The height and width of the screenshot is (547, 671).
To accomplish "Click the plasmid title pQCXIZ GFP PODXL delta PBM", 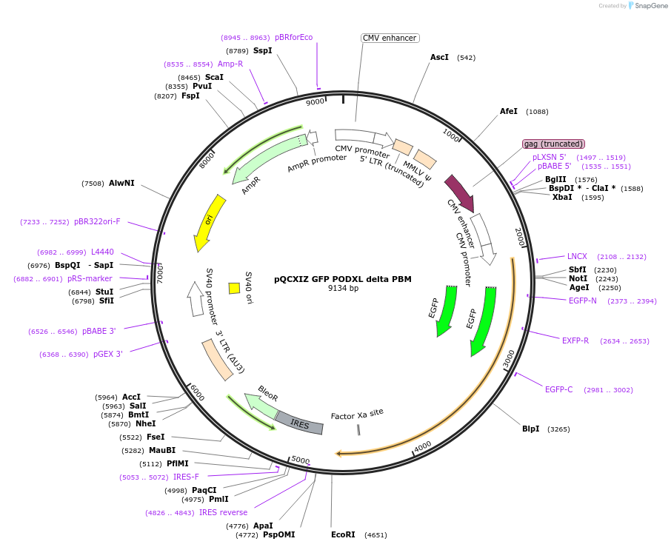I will [x=342, y=279].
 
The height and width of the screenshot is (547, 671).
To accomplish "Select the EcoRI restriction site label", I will [x=344, y=534].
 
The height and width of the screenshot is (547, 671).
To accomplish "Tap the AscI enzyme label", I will [x=439, y=57].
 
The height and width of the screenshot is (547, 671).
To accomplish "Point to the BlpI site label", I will [x=530, y=429].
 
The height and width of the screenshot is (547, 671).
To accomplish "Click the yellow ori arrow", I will [x=209, y=222].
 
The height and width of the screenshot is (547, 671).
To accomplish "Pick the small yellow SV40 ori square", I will [x=234, y=288].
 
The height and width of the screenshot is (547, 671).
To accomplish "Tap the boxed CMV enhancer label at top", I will [x=390, y=38].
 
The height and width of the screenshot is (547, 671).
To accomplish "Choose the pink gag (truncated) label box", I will [x=553, y=144].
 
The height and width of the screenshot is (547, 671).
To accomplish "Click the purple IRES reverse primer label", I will [x=223, y=512].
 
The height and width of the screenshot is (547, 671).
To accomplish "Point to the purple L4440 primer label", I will [x=102, y=252].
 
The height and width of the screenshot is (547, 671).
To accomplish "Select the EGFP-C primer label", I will [x=558, y=389].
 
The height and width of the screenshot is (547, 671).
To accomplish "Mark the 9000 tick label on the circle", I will [x=316, y=102].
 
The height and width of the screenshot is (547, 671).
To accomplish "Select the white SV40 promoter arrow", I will [x=196, y=298].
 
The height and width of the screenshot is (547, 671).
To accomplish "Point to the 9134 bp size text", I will [x=343, y=289].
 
